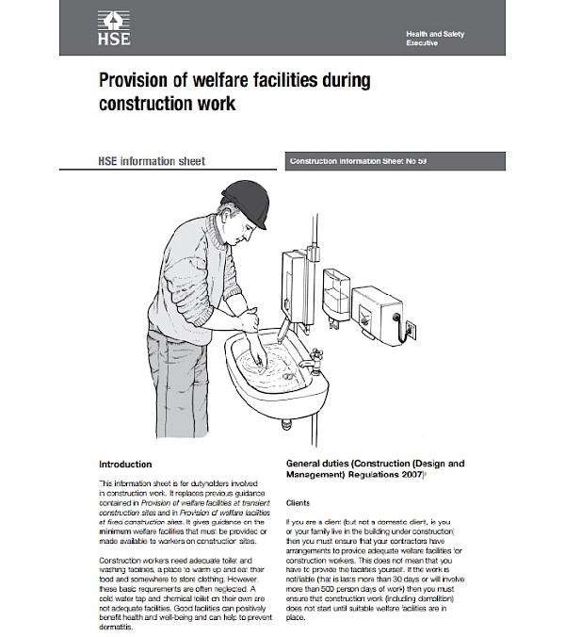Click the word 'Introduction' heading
click(x=125, y=464)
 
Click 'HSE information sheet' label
click(x=152, y=161)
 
